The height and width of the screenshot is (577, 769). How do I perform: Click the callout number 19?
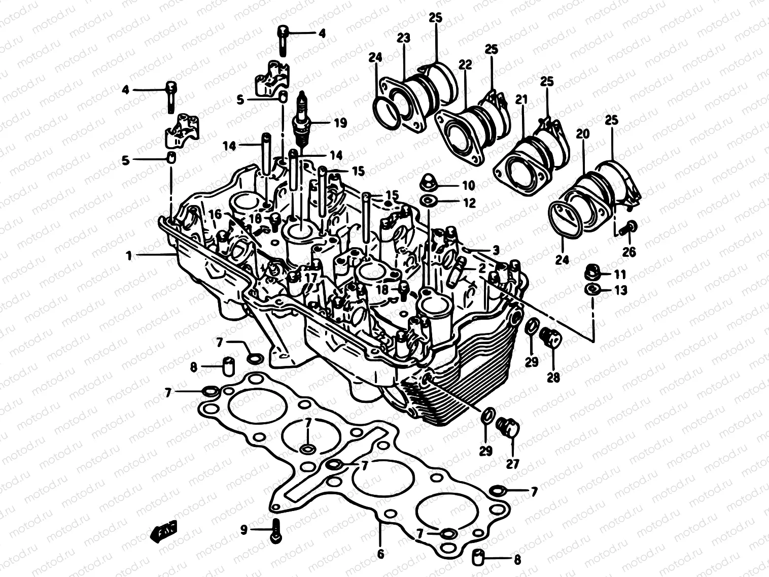(340, 123)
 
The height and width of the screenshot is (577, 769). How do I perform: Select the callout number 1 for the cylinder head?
(129, 256)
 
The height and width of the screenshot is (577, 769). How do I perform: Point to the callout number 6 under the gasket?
(380, 554)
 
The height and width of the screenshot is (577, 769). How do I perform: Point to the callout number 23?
(404, 38)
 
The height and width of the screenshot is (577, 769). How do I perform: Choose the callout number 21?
(521, 100)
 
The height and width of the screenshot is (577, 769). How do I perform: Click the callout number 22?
(465, 64)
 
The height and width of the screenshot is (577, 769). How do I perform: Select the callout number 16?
(215, 214)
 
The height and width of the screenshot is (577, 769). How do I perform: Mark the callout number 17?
(310, 278)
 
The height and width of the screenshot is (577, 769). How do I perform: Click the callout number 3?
(496, 250)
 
